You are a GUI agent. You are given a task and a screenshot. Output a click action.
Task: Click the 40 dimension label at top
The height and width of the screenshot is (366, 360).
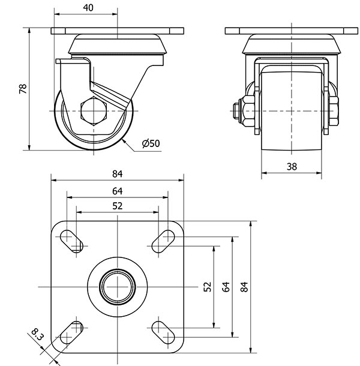point(88,8)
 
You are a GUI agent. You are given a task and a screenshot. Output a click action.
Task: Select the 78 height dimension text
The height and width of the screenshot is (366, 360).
point(23,89)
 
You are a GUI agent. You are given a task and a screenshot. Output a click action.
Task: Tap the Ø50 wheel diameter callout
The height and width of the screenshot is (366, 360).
point(151,143)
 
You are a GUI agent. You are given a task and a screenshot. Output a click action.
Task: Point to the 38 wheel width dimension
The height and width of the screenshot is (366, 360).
point(292,167)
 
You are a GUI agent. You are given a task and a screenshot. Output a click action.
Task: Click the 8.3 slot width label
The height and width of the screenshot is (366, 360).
point(38,334)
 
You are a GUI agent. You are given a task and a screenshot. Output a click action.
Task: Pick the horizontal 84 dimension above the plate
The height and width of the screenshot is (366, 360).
point(117,174)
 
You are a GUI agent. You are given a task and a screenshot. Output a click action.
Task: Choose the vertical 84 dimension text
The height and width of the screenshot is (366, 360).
point(244,287)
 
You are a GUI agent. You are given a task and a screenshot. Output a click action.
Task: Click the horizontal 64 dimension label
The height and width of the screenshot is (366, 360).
point(117,191)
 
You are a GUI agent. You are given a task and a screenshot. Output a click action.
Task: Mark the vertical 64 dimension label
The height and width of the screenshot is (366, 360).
point(226,287)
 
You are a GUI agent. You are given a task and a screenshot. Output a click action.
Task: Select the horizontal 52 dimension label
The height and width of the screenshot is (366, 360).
point(117,206)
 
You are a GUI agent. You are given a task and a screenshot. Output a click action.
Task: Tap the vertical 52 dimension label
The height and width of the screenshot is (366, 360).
point(208,287)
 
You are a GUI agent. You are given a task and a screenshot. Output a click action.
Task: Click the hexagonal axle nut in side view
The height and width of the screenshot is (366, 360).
point(94,111)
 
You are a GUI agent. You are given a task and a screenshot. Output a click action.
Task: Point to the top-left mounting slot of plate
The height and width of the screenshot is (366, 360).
point(71,241)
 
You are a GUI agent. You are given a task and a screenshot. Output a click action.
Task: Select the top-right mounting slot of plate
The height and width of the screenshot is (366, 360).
point(163,241)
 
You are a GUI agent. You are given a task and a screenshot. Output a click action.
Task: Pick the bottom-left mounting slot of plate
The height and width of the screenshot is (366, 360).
point(71,332)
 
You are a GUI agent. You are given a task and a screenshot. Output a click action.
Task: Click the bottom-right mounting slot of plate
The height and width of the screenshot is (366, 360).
point(163,332)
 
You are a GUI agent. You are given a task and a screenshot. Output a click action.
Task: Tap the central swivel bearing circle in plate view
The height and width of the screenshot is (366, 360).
point(118,287)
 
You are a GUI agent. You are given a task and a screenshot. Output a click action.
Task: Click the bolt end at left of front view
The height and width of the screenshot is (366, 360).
point(236,111)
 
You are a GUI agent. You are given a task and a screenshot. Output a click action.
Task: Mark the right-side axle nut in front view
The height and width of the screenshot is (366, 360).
point(334,111)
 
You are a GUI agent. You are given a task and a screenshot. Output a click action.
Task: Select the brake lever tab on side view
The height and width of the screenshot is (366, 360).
point(73,61)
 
